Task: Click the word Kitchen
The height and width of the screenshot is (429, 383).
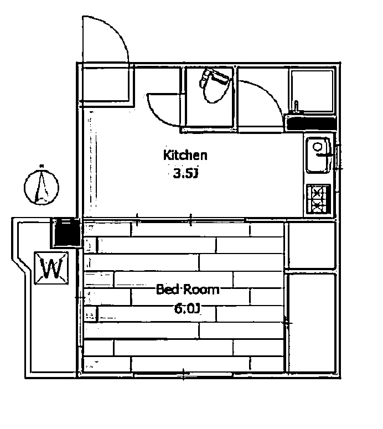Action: [x=185, y=155]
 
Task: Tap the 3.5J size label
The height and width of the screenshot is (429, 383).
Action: [x=185, y=173]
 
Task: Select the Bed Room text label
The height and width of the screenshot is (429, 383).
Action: [x=188, y=290]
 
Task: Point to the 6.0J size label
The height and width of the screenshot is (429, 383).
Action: [x=188, y=309]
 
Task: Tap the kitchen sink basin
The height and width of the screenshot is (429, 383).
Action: [x=318, y=155]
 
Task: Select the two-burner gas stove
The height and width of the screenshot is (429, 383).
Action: [x=318, y=199]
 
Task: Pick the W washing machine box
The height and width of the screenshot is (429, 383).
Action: [x=51, y=268]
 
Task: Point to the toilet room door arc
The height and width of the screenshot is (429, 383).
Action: [x=163, y=110]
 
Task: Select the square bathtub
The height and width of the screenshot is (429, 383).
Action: [x=312, y=91]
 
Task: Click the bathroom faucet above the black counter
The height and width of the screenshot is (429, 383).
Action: [x=296, y=107]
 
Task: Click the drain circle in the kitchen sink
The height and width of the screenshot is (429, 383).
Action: [x=318, y=147]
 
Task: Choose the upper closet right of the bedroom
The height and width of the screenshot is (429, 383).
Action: [x=312, y=245]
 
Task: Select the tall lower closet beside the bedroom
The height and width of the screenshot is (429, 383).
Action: [x=312, y=323]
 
